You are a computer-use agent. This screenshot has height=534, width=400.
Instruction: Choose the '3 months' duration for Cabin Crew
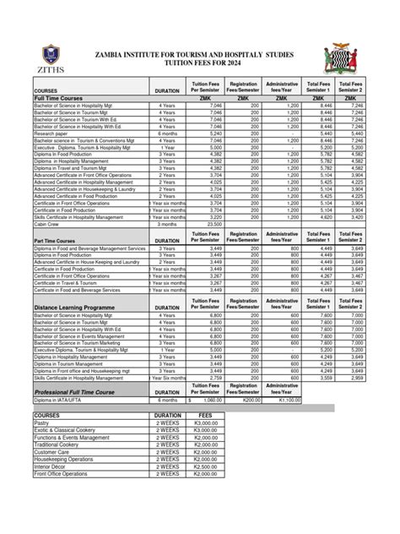(172, 224)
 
